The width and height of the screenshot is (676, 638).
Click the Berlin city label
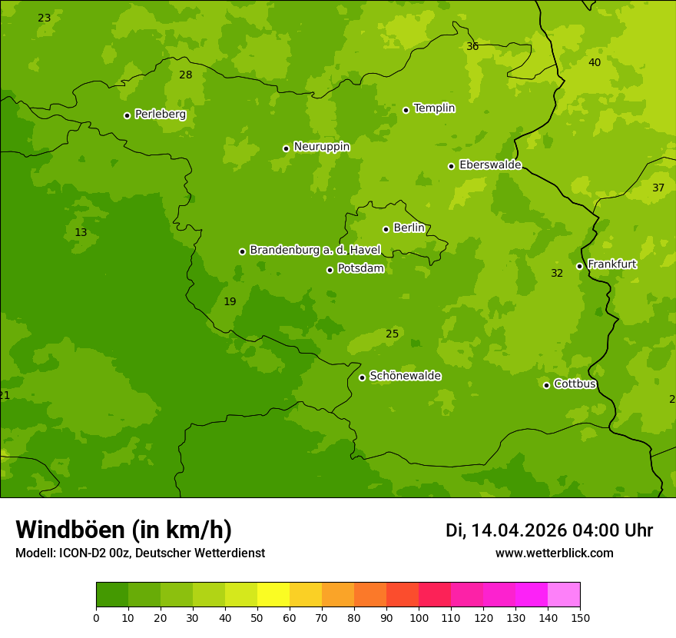point(409,228)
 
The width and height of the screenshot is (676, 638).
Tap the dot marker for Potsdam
point(330,270)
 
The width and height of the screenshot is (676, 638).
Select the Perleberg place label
point(161,115)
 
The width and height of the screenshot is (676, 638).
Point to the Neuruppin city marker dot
point(286,148)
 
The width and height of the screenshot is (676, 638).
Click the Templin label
point(434,108)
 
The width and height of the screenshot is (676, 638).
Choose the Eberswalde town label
point(490,165)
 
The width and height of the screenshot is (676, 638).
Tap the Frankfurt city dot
point(580,266)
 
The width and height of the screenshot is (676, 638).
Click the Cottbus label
point(575,384)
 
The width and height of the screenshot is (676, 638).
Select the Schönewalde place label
point(405,376)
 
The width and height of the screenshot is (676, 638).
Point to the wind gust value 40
point(595,62)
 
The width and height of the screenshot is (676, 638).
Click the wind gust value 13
point(81,233)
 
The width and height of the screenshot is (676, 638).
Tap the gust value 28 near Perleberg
point(186,75)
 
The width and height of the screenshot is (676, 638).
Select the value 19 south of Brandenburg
point(230,301)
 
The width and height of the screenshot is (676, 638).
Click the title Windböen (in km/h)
point(124,530)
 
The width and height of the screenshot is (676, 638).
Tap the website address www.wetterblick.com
point(554,553)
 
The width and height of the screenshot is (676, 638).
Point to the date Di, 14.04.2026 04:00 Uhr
point(549,530)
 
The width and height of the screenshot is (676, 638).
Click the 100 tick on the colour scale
point(419,617)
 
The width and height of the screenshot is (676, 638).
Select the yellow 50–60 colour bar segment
point(273,595)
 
